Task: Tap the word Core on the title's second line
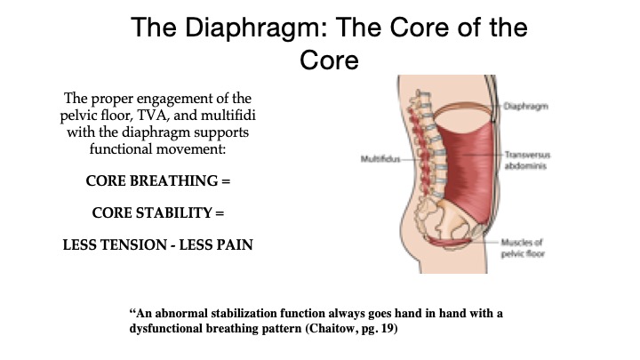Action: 330,60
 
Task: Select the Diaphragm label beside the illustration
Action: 525,107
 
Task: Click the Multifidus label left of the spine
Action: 380,159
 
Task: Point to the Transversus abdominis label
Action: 527,160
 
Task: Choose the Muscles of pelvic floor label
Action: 523,248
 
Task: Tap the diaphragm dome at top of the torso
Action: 463,107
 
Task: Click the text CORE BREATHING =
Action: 158,180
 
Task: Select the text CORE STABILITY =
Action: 158,212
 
